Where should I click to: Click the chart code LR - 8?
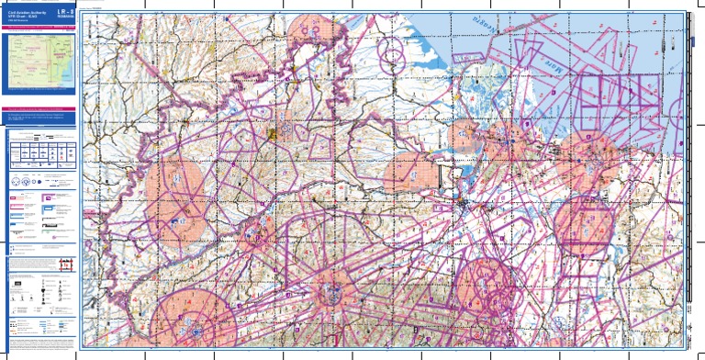(63, 13)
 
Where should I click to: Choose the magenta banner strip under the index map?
(40, 92)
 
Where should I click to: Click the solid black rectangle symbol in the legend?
(15, 291)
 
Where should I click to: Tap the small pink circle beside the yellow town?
(286, 130)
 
